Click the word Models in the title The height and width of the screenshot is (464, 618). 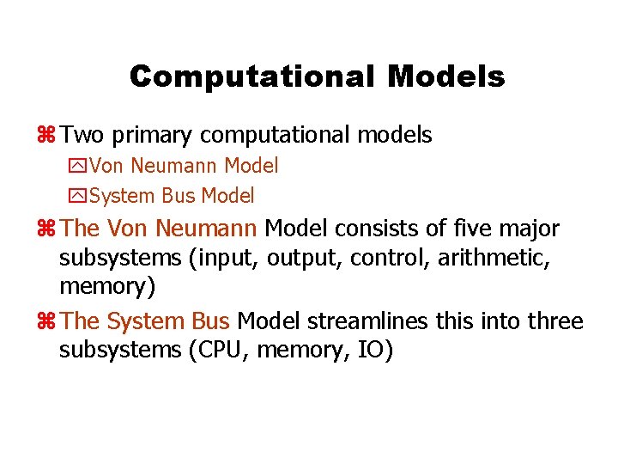coord(445,77)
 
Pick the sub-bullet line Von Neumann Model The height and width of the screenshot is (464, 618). coord(184,165)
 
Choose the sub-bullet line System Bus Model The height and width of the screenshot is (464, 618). coord(172,196)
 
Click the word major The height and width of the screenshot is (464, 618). coord(532,229)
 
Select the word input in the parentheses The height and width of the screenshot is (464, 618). coord(231,258)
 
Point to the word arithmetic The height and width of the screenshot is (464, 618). coord(501,257)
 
